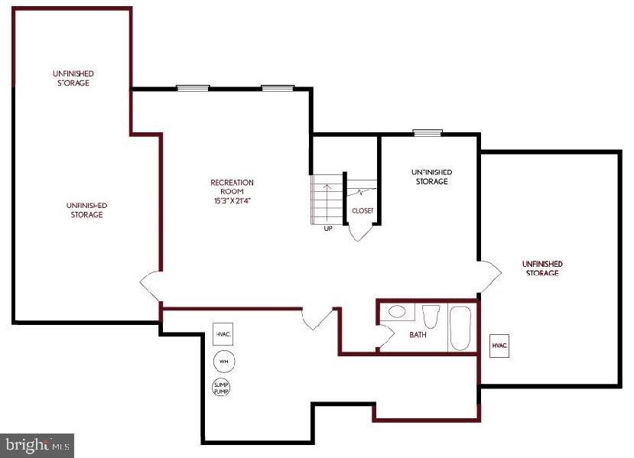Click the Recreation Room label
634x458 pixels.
(x=232, y=187)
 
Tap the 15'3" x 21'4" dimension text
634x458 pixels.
(x=232, y=201)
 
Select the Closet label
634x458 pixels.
(x=363, y=211)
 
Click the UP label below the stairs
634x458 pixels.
(x=328, y=228)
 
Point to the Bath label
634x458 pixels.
(x=418, y=335)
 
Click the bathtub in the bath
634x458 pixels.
(x=460, y=328)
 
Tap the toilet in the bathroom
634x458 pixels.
(x=430, y=315)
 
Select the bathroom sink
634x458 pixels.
(x=398, y=312)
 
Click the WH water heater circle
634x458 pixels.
(x=223, y=361)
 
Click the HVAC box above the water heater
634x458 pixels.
(x=223, y=334)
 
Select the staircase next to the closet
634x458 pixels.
(x=326, y=199)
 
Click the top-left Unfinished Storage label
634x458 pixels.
(x=73, y=78)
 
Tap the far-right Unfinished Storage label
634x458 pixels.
(x=542, y=268)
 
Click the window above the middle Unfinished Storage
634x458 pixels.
(x=428, y=133)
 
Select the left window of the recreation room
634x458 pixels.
(x=193, y=88)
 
